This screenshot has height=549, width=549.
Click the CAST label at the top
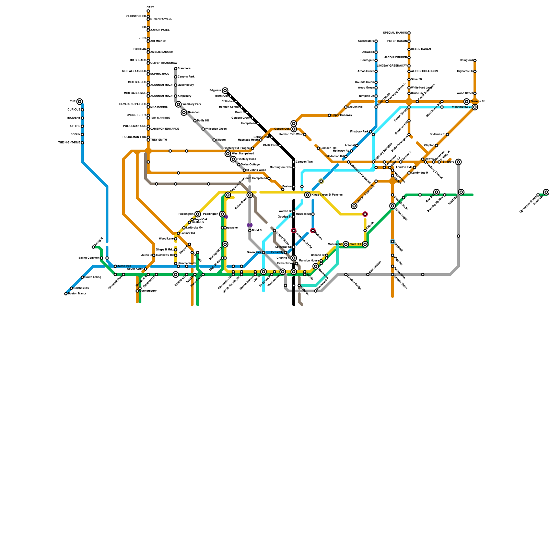(x=150, y=7)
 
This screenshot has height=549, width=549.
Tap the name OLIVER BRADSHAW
(x=164, y=63)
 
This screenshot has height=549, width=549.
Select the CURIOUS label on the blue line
(x=74, y=109)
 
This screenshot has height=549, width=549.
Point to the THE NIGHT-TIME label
(x=69, y=142)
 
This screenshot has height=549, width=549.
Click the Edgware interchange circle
(x=225, y=91)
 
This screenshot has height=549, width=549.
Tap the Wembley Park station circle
(x=178, y=104)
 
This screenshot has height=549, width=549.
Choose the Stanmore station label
(x=184, y=68)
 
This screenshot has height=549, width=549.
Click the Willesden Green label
(x=216, y=129)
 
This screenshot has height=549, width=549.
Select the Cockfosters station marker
(x=376, y=41)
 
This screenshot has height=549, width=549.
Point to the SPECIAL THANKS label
(x=395, y=33)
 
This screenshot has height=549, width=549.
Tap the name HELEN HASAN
(x=421, y=49)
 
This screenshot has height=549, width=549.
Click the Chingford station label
(x=466, y=60)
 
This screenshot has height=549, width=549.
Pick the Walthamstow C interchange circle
(x=475, y=107)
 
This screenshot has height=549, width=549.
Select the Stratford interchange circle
(x=458, y=162)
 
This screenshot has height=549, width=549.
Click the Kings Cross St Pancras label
(x=327, y=195)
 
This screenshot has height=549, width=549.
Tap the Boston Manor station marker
(x=66, y=294)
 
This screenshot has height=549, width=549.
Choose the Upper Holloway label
(x=342, y=115)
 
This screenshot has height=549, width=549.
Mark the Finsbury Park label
(x=359, y=131)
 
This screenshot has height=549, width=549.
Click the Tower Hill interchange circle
(x=365, y=244)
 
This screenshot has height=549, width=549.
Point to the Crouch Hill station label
(x=355, y=107)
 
